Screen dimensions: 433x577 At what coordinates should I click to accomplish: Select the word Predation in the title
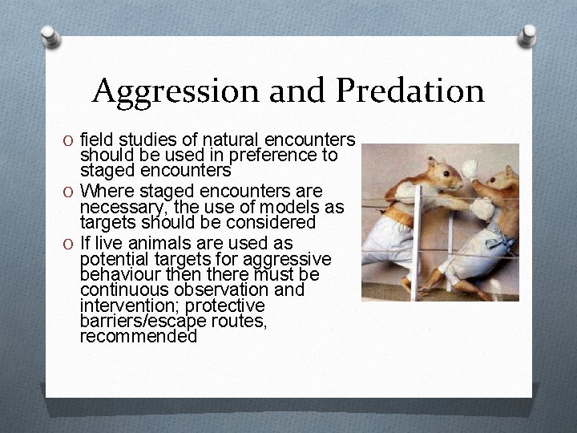click(x=410, y=91)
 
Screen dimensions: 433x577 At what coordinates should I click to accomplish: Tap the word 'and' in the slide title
click(x=299, y=91)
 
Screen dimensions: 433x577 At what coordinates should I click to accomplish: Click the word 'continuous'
click(x=119, y=289)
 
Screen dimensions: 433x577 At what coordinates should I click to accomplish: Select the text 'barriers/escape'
click(x=132, y=322)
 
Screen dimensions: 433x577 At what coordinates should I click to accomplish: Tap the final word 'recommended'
click(x=138, y=337)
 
